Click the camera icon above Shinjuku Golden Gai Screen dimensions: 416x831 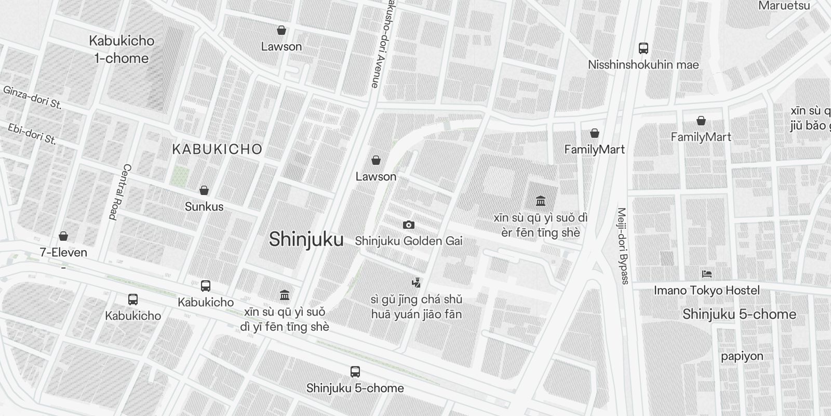pos(409,225)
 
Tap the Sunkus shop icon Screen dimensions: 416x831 pos(204,190)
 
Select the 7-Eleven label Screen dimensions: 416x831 pos(63,253)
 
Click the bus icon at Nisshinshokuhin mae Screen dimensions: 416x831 pos(643,48)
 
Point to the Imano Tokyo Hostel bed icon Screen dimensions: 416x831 pos(706,274)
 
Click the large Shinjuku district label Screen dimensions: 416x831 pos(306,239)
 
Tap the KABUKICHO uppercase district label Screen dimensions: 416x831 pos(217,149)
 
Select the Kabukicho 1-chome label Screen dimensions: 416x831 pos(122,49)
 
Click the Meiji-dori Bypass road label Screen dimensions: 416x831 pos(623,246)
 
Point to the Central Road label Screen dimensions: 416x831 pos(119,192)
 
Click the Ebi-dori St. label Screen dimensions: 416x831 pos(32,134)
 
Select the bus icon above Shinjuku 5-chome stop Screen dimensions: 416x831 pos(355,372)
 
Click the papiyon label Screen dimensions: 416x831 pos(742,356)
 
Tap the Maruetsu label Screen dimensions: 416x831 pos(784,6)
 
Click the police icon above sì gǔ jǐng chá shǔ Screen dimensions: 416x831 pos(415,283)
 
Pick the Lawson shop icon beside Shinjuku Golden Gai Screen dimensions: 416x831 pos(376,160)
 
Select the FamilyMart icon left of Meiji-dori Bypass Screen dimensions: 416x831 pos(594,133)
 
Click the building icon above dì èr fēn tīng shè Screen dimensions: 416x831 pos(540,201)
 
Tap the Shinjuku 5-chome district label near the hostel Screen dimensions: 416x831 pos(739,314)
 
